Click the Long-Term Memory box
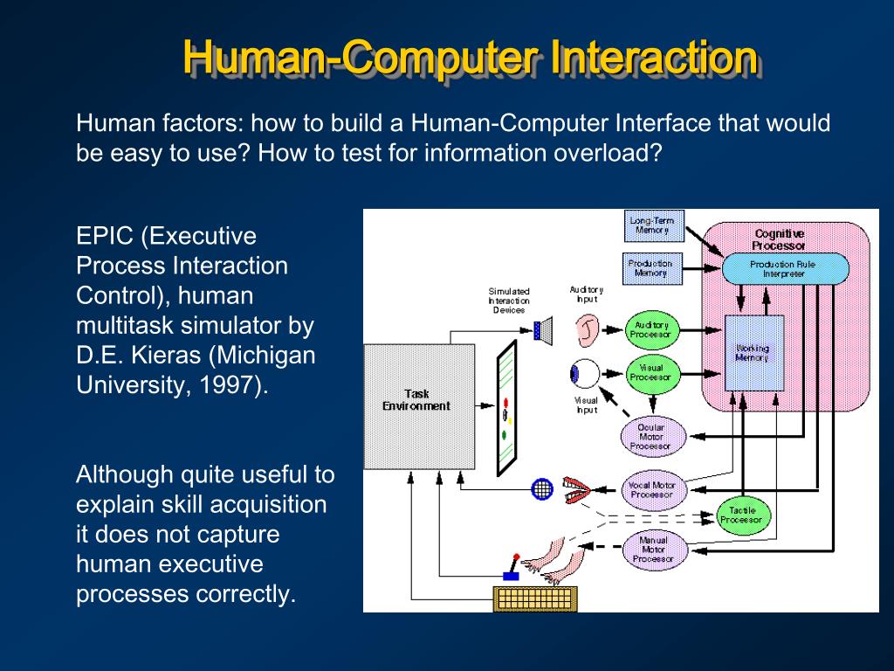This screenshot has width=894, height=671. coord(652,225)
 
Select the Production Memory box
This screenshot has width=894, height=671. coord(650,267)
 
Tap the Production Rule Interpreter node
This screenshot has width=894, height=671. coord(784,268)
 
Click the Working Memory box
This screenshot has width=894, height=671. coord(753,353)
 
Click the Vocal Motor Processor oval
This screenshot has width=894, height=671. coord(652,489)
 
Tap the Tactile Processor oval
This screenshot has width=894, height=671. coord(741,515)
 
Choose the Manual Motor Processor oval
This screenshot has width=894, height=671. coord(652,549)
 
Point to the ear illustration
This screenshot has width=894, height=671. coord(587,330)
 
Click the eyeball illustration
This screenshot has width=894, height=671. coord(584,374)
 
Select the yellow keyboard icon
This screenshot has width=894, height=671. coord(533,598)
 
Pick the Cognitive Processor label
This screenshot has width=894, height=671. coord(779,239)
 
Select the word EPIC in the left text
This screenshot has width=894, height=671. coord(104,236)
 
